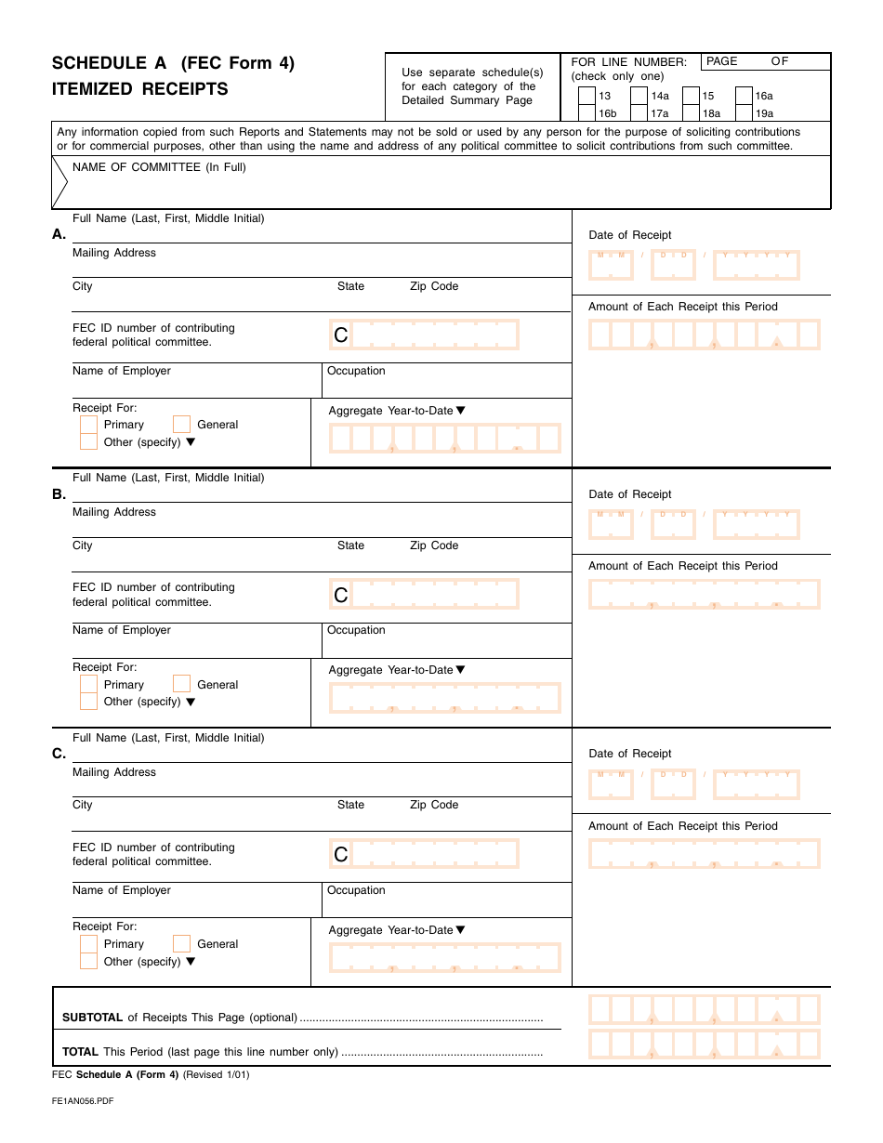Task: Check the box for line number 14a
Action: pos(639,96)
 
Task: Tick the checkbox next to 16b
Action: pos(586,113)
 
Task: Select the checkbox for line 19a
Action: pos(744,113)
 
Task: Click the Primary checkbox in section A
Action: pos(88,425)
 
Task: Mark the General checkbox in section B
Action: pos(182,684)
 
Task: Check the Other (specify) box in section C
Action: pos(88,961)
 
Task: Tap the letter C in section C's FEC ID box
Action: pos(341,854)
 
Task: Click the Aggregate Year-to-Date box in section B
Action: pos(444,697)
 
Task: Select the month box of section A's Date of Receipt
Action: pos(611,266)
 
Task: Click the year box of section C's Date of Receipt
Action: pos(756,784)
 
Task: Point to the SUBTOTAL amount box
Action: pos(704,1009)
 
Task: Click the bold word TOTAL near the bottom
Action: pos(80,1052)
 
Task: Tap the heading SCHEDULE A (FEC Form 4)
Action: pos(173,63)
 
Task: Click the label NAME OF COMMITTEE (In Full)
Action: pos(159,167)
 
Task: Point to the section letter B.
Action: pos(59,494)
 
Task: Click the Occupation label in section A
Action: pos(356,371)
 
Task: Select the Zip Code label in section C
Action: pos(434,805)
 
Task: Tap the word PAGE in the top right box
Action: pos(722,61)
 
